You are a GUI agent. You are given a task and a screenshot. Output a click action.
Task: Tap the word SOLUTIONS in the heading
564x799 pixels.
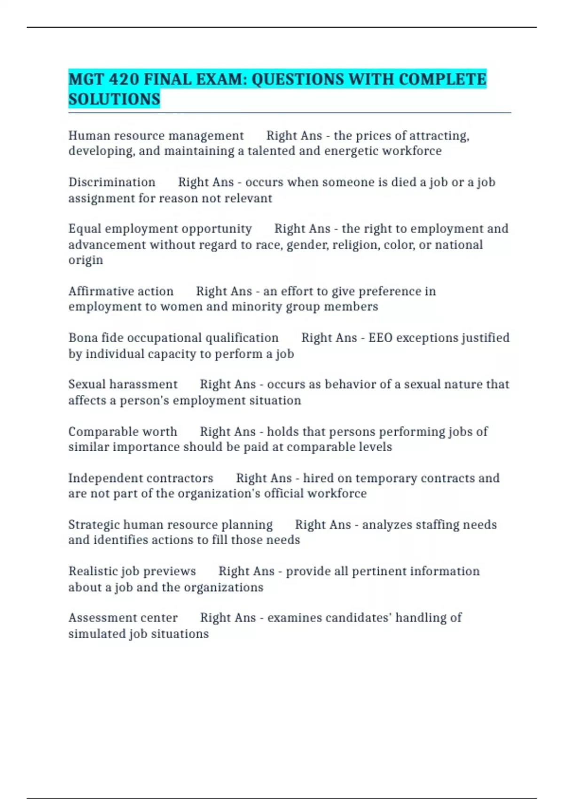click(x=114, y=99)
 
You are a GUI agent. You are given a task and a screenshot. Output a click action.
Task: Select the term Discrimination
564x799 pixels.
click(x=112, y=182)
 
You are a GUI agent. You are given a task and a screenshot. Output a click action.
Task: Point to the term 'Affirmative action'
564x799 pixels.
click(x=121, y=291)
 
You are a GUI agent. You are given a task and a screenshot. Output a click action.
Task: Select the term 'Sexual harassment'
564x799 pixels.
click(x=123, y=384)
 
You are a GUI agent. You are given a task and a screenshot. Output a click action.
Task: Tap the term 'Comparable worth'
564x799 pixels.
click(x=123, y=431)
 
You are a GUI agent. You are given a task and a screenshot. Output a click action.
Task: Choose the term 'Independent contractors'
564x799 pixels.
click(x=141, y=478)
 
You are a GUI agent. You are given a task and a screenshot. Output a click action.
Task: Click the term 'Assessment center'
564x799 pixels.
click(x=123, y=618)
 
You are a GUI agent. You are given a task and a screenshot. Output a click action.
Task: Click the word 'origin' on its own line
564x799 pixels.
click(x=86, y=260)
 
